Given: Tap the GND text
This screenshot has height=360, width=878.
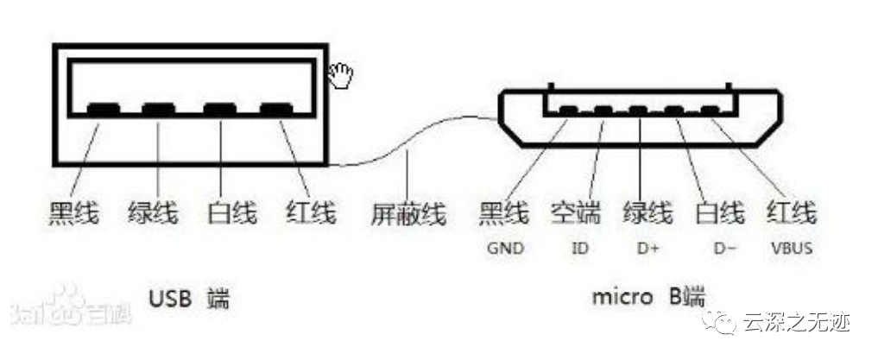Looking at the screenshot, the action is (x=505, y=248).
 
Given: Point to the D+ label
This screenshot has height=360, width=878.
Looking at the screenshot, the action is (x=647, y=248).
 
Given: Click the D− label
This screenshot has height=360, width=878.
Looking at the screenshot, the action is (x=724, y=248).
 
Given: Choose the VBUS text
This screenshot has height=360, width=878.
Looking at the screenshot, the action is (x=791, y=248).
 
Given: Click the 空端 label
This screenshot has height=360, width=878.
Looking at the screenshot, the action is (x=576, y=213).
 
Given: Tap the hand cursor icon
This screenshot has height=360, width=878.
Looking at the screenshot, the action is (x=340, y=76).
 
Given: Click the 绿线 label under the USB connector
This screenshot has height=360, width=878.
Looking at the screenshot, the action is (x=153, y=213).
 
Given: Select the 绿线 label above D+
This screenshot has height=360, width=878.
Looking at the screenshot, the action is (x=647, y=213).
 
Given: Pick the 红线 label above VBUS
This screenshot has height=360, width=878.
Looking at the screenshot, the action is (x=791, y=213).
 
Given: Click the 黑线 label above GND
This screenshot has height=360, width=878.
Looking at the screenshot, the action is (x=503, y=213).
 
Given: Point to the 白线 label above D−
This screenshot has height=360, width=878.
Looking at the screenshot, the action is (x=720, y=213).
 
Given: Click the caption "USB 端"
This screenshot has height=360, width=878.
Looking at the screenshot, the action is (x=189, y=299).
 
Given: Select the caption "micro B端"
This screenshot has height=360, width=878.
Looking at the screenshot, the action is (x=648, y=297).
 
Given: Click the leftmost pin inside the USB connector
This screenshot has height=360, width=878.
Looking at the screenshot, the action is (x=104, y=109).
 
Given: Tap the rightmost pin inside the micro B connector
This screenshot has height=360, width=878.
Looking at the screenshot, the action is (x=710, y=111).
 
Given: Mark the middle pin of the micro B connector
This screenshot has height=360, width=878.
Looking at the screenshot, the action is (x=638, y=111).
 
